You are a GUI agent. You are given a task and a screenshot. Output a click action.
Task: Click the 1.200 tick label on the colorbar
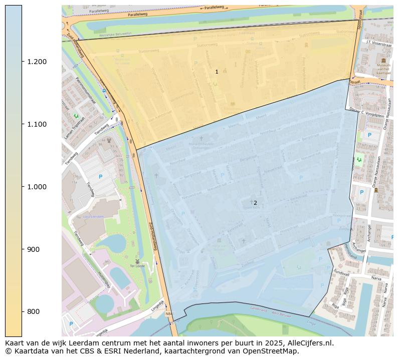pos(37,62)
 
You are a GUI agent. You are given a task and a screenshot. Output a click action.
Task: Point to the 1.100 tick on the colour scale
pos(37,124)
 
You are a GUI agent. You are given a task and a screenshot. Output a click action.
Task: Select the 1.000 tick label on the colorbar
pos(37,187)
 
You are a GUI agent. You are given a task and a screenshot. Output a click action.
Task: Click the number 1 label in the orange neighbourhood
pos(217,72)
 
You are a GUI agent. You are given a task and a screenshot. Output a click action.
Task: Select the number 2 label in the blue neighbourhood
pos(255,203)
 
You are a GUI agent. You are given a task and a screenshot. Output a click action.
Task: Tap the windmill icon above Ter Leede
pos(137,261)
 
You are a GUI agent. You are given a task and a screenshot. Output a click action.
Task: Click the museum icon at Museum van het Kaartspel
pos(383,60)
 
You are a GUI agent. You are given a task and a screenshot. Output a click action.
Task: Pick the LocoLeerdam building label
pos(94,217)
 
